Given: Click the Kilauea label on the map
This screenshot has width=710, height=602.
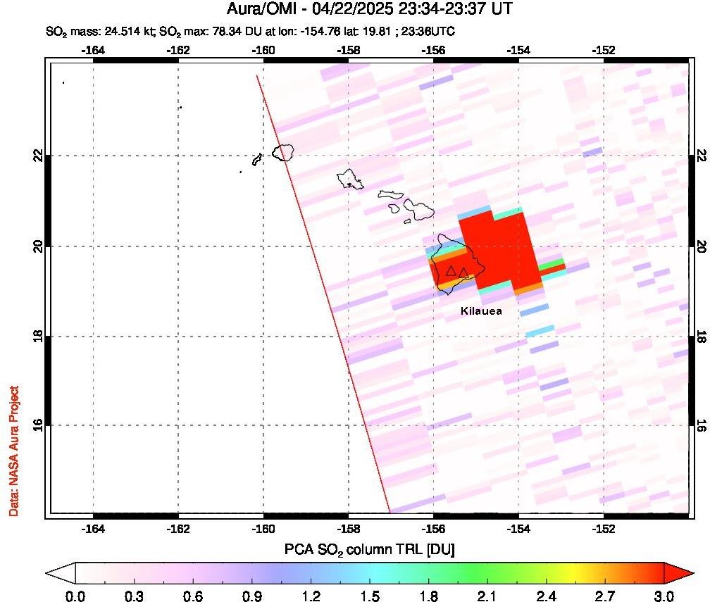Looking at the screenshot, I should click(x=481, y=311).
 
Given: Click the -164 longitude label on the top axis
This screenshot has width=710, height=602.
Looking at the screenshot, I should click(x=93, y=50).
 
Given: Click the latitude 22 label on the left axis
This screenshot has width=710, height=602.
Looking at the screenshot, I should click(x=38, y=156).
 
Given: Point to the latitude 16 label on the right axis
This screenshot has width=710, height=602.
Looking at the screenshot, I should click(x=701, y=425).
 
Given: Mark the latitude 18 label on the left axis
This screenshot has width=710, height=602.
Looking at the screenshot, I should click(x=38, y=336).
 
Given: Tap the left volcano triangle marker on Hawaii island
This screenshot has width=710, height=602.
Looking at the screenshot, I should click(x=451, y=271).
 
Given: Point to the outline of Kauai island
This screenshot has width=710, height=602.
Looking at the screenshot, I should click(x=284, y=151).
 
